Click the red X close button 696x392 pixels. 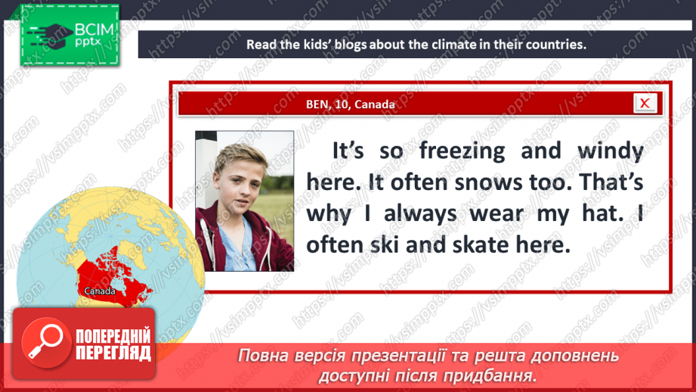click(645, 104)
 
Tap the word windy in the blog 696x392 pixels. click(609, 151)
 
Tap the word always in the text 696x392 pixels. click(420, 213)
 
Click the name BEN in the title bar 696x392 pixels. click(319, 104)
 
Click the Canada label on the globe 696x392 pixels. click(100, 291)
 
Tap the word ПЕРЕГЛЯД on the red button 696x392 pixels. click(113, 353)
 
